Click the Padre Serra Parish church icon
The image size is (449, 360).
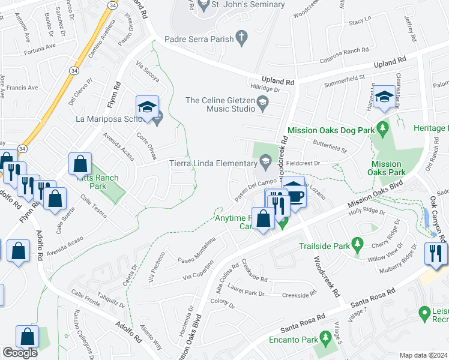tap(241, 38)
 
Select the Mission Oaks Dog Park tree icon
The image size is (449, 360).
tap(381, 129)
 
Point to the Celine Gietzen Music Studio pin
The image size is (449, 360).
tap(262, 104)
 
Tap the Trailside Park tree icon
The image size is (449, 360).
tap(358, 244)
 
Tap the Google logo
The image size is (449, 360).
tap(20, 353)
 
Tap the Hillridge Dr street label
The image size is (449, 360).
tap(266, 88)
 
